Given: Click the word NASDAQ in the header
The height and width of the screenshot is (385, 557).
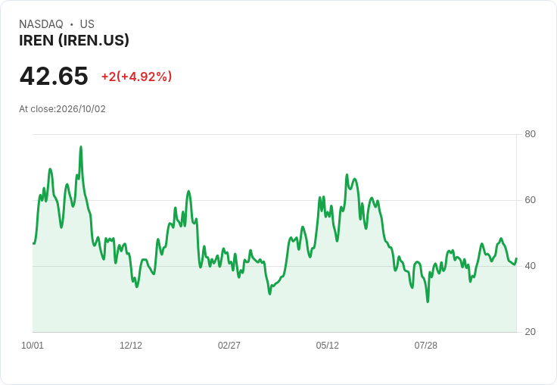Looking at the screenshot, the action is tap(41, 24).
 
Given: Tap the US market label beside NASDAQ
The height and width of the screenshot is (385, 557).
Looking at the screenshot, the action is tap(87, 24).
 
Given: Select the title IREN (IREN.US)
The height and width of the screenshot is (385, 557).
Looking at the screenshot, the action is tap(74, 41).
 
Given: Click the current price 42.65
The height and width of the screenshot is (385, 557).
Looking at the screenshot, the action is tap(54, 76).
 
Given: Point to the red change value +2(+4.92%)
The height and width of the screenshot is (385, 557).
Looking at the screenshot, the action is tap(137, 77).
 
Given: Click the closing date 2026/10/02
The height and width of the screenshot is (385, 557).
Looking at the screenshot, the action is tap(81, 109).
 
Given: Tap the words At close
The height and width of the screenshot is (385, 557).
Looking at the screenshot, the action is tap(36, 109).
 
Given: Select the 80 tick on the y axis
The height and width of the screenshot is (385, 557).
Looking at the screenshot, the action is tap(530, 134).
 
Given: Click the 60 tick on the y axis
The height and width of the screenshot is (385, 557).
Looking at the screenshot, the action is tap(530, 200).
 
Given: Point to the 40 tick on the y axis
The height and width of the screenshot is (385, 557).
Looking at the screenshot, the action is tap(530, 266).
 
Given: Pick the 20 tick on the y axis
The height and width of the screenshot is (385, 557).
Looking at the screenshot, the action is tap(530, 332).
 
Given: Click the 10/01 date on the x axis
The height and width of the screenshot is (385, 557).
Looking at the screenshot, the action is tap(33, 346).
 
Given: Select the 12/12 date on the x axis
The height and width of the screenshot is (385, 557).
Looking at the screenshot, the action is tap(131, 346).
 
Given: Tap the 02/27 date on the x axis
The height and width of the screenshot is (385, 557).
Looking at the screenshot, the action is tap(229, 346).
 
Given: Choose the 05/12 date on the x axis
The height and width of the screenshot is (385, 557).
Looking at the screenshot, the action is tap(327, 346).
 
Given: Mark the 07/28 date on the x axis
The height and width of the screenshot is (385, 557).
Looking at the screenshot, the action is tap(425, 346).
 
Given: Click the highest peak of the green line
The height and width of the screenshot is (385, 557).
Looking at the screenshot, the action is tap(81, 146).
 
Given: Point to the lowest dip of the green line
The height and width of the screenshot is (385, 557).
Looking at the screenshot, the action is tap(428, 302).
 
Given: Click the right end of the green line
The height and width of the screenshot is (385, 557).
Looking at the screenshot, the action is tap(516, 258).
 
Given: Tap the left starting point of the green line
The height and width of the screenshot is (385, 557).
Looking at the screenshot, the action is tap(33, 243).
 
